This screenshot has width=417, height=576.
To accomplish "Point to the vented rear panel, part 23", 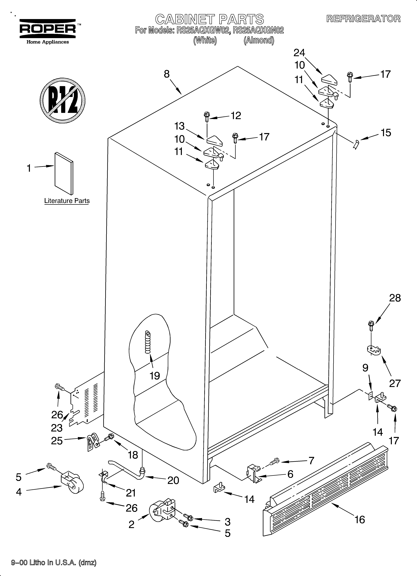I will [86, 403].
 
